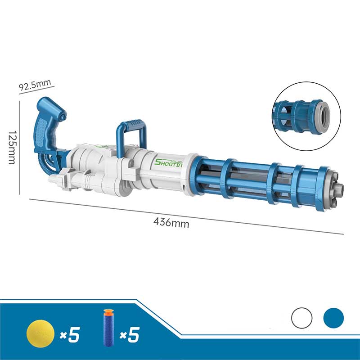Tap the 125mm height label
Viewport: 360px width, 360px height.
tap(12, 148)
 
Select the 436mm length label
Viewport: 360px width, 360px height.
tap(171, 223)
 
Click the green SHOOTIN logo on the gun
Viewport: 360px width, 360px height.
tap(169, 163)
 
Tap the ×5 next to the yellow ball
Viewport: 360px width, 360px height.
tap(70, 334)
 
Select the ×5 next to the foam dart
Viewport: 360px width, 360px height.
tap(130, 334)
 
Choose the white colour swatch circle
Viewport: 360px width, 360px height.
tap(301, 318)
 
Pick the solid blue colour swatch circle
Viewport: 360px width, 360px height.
tap(333, 318)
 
